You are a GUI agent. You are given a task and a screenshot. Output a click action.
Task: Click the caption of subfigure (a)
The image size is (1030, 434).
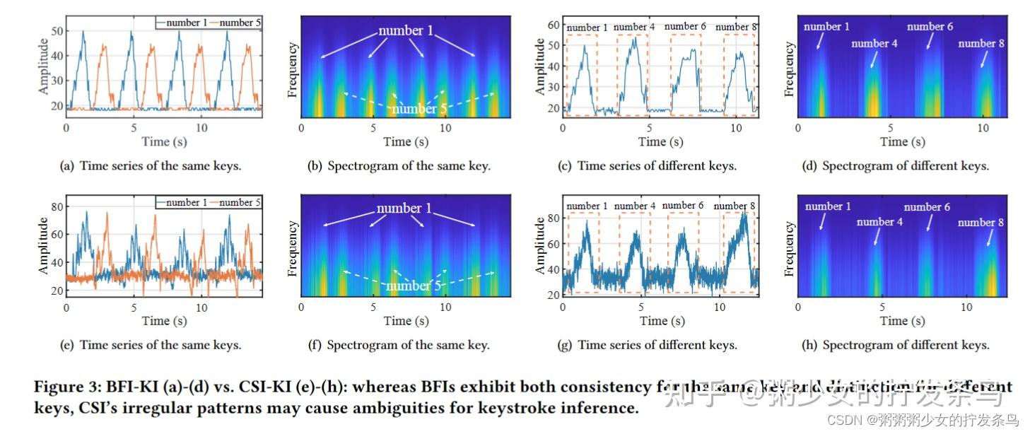[x=150, y=166]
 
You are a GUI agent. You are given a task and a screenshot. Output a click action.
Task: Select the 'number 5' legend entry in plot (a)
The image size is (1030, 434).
[x=241, y=23]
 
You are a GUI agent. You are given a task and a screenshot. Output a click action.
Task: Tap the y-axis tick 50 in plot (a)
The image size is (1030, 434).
[x=57, y=31]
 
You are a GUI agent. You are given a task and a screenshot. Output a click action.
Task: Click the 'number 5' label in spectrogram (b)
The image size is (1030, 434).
[x=414, y=109]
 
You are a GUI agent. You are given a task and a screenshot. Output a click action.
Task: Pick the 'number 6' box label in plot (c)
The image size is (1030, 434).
[x=684, y=27]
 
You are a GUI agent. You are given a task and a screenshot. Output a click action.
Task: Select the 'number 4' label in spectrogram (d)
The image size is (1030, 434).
[x=874, y=44]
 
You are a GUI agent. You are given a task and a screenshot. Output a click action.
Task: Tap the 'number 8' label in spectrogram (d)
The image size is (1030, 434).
[x=981, y=44]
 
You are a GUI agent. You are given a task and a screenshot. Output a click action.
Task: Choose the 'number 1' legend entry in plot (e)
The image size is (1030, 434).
[x=183, y=202]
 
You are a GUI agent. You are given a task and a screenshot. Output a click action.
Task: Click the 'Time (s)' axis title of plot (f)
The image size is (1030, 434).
[x=405, y=321]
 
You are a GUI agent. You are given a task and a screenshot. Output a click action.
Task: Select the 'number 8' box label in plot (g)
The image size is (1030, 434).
[x=737, y=206]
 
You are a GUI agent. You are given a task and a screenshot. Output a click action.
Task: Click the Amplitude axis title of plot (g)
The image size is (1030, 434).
[x=540, y=245]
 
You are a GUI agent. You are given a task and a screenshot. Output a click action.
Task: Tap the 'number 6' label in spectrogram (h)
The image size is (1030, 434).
[x=927, y=207]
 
